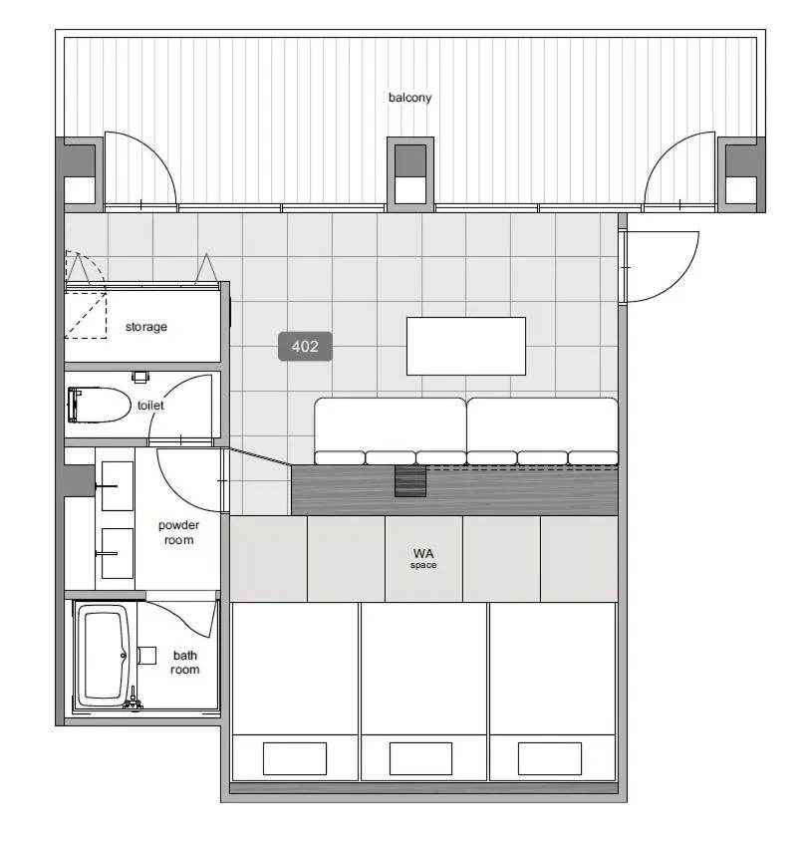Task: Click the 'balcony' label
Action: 409,98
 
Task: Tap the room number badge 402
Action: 305,347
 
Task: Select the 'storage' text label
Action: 145,327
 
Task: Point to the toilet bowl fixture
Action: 100,406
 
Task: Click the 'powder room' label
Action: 177,532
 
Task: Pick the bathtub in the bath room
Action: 104,656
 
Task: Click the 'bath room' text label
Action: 185,663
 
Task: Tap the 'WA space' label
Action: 423,558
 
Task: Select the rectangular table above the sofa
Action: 465,346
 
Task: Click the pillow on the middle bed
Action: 420,758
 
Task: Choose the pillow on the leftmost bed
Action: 294,758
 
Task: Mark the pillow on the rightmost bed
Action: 549,758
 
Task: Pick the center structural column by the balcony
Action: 409,173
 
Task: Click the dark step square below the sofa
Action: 409,482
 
